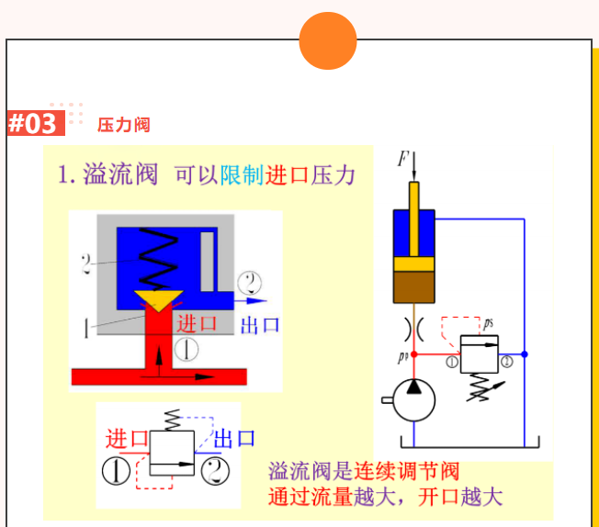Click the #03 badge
tap(34, 123)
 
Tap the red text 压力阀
tap(123, 125)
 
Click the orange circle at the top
tap(327, 41)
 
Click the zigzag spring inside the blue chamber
tap(158, 257)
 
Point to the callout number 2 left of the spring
tap(86, 264)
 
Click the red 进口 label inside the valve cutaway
tap(198, 323)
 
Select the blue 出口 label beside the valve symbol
tap(234, 438)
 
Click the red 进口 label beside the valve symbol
tap(127, 438)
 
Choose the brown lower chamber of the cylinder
tap(414, 287)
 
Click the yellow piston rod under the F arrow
tap(414, 196)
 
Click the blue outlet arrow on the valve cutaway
tap(251, 300)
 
